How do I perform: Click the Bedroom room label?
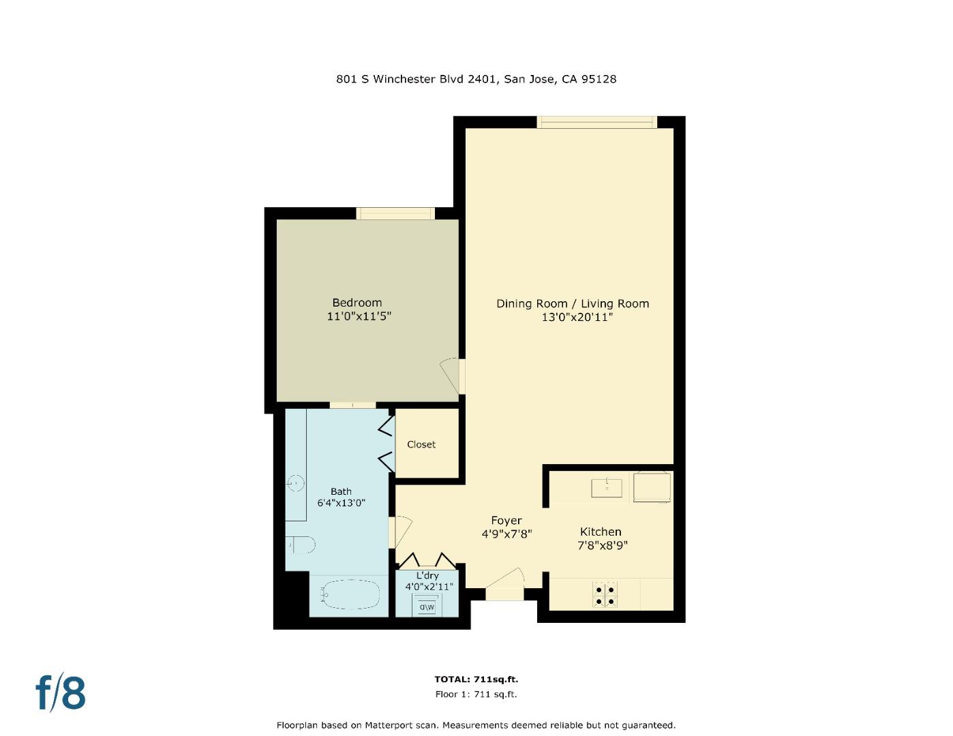tap(357, 303)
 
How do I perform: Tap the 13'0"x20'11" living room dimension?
tap(573, 317)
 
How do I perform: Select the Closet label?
tap(421, 444)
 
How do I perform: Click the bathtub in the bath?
tap(350, 594)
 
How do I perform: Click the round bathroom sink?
tap(297, 483)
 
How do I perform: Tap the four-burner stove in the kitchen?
tap(605, 595)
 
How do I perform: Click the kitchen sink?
tap(607, 487)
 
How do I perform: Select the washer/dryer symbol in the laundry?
tap(427, 606)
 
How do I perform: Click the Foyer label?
tap(506, 521)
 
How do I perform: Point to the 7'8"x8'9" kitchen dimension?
tap(602, 545)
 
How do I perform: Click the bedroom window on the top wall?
tap(395, 213)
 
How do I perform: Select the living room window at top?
tap(596, 122)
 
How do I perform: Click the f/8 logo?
tap(61, 693)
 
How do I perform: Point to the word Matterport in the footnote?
tap(388, 725)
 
